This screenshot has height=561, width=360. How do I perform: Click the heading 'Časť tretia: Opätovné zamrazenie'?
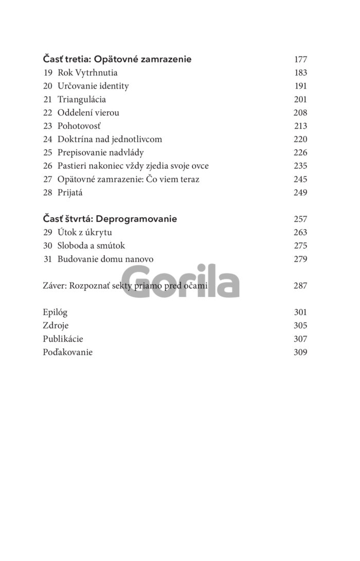coord(117,59)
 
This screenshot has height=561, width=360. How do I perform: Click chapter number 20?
coord(48,86)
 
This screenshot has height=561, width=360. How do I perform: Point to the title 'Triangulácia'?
coord(82,99)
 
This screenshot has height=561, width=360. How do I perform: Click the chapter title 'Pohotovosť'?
coord(79,126)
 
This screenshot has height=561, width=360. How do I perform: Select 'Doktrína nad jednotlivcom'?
coord(110,139)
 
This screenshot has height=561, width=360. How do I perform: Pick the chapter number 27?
coord(48,180)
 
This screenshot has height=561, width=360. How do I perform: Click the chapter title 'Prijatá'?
coord(70,193)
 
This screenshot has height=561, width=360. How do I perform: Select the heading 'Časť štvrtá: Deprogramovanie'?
coord(110,219)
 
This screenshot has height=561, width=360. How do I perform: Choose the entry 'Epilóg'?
coord(55,312)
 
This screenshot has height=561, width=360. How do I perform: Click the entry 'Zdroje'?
coord(56,326)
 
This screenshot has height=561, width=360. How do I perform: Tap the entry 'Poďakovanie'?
coord(68,353)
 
